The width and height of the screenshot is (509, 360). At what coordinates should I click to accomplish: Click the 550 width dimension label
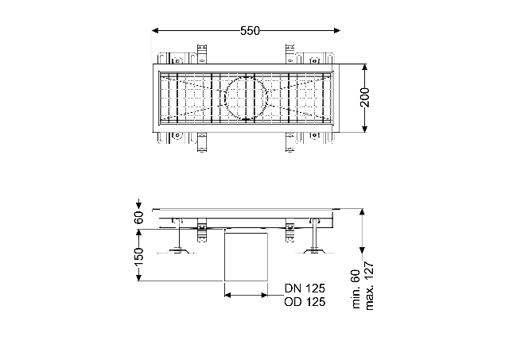tap(250, 31)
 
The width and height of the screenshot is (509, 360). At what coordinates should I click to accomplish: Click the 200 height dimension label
tap(365, 97)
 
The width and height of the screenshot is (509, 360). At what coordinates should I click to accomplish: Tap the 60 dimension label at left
tap(138, 217)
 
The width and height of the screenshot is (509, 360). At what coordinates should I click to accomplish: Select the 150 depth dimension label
tap(138, 256)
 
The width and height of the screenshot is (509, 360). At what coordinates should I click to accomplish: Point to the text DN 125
tap(305, 288)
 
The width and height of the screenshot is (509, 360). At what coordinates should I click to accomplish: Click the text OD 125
tap(305, 302)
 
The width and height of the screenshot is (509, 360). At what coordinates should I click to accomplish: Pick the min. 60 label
tap(356, 289)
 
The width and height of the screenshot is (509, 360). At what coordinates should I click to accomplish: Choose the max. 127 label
tap(369, 286)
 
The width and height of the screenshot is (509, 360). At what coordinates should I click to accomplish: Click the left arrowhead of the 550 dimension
tap(155, 31)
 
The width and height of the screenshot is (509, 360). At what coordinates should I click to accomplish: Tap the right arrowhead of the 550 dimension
tap(337, 31)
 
